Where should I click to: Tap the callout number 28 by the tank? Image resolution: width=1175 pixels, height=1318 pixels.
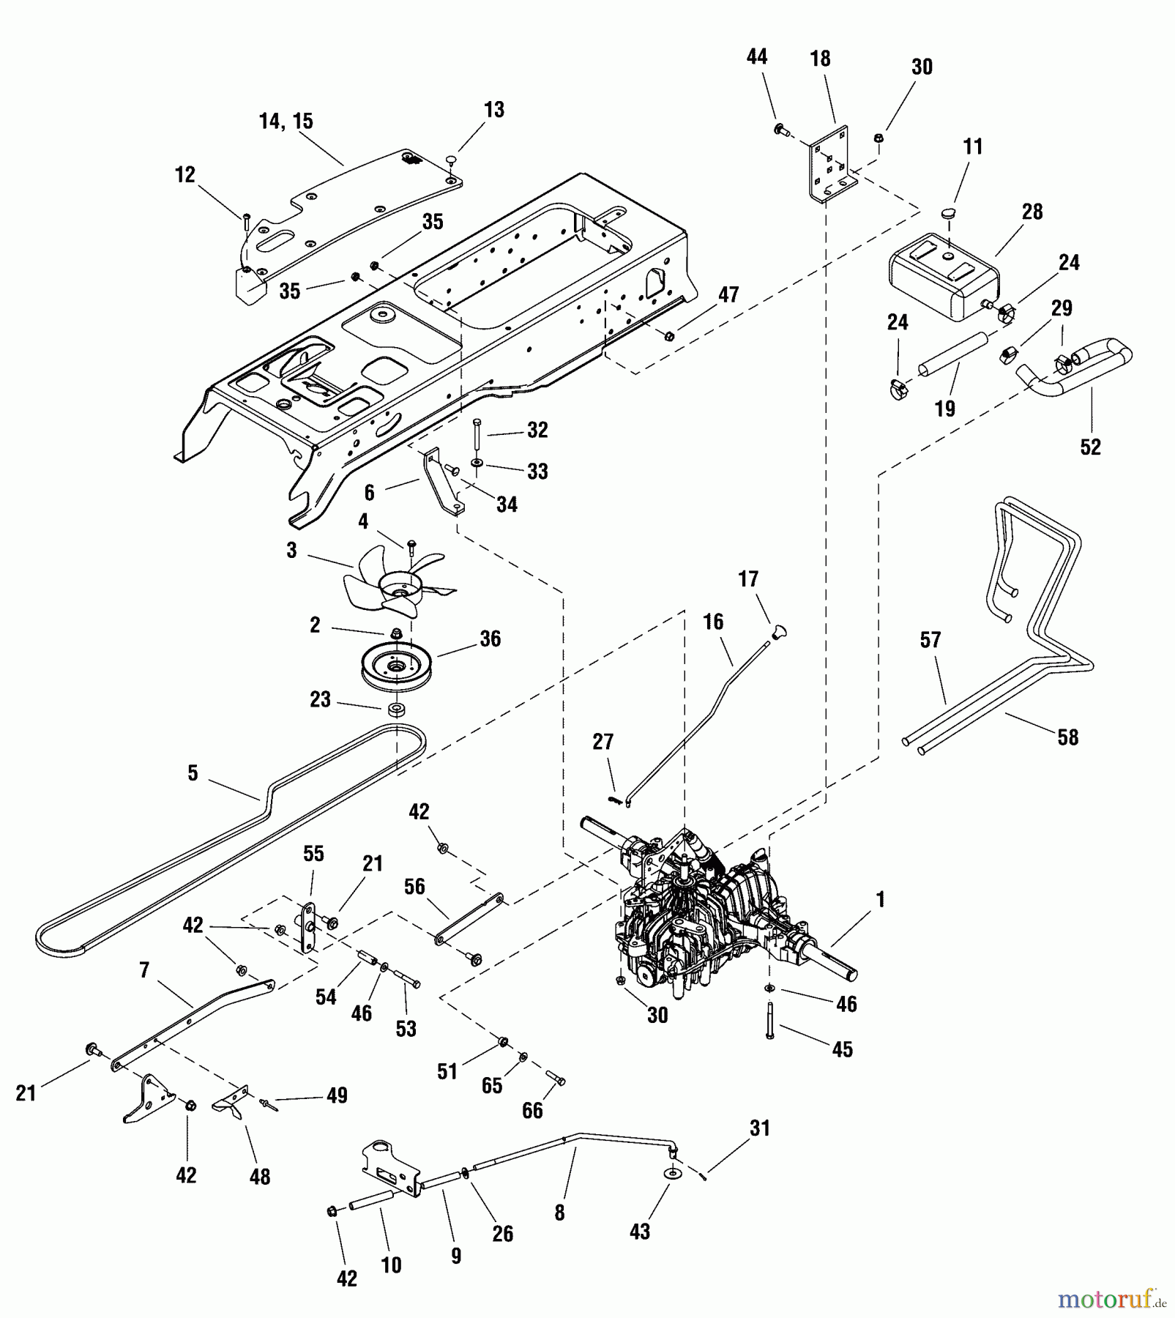(1032, 212)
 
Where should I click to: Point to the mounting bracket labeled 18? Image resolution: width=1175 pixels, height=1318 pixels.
(830, 164)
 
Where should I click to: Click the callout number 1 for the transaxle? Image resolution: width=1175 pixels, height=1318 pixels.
(881, 900)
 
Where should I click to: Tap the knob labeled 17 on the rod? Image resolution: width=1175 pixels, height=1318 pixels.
(779, 630)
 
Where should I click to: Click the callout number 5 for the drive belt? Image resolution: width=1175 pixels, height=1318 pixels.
(193, 774)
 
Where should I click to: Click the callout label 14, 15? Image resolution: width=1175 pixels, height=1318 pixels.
(286, 122)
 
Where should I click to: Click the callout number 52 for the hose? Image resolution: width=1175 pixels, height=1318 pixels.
(1090, 447)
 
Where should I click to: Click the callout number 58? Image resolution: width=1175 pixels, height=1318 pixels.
(1067, 737)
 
